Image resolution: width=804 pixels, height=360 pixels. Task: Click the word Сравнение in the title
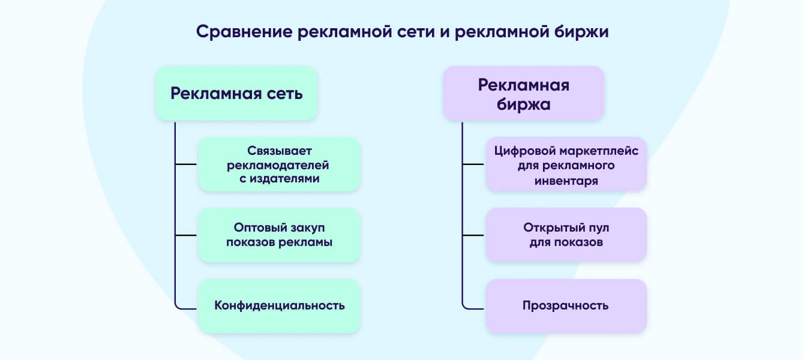(244, 32)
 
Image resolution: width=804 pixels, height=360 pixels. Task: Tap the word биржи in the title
(581, 32)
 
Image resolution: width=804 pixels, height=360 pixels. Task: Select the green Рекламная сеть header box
(236, 94)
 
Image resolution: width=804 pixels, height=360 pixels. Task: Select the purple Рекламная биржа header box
(524, 94)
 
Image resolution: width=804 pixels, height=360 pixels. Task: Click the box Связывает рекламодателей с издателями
(279, 164)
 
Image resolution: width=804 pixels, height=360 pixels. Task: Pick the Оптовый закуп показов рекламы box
(279, 235)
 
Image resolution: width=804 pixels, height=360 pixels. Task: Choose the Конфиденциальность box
(279, 306)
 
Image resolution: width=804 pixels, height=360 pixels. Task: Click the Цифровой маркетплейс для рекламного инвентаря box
(566, 164)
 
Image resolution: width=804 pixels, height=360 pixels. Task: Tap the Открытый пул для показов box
(566, 235)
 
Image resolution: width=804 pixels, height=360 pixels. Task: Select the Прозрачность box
(566, 306)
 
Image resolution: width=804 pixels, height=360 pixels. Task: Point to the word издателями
(284, 179)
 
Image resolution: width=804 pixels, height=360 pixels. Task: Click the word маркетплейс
(597, 151)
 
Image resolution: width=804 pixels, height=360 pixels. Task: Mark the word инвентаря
(566, 181)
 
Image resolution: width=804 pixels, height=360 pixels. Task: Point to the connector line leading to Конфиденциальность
(186, 308)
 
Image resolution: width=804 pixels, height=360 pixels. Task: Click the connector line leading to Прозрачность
(473, 308)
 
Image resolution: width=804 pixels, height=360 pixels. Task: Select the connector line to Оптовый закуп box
(186, 235)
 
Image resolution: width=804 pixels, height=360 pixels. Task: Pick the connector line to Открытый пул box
(473, 235)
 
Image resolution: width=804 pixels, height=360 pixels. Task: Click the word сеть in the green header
(284, 94)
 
